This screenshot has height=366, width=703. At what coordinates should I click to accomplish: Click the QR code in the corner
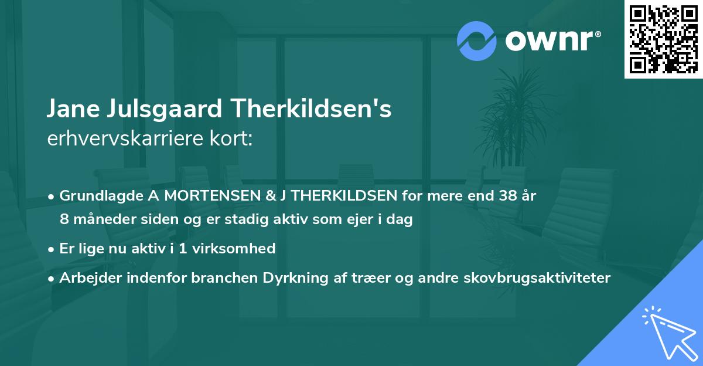pyautogui.click(x=664, y=39)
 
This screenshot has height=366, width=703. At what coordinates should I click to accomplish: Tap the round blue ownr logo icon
pyautogui.click(x=477, y=40)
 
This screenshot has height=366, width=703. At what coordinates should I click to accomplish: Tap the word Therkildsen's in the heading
pyautogui.click(x=311, y=109)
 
